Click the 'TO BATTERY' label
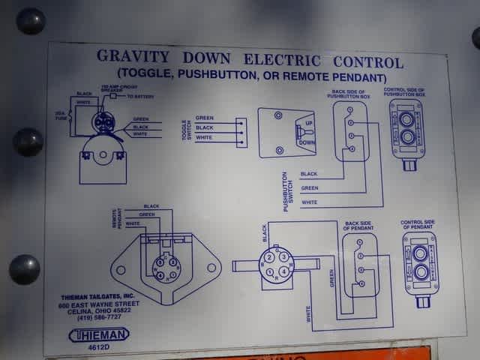click(x=139, y=96)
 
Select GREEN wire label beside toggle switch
click(x=204, y=118)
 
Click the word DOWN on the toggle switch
click(x=307, y=141)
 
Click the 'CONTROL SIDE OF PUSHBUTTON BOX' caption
click(x=404, y=92)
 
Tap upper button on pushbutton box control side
click(x=406, y=118)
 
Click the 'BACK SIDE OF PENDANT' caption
click(x=359, y=226)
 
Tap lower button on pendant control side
click(x=420, y=272)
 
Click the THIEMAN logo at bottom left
click(x=99, y=334)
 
